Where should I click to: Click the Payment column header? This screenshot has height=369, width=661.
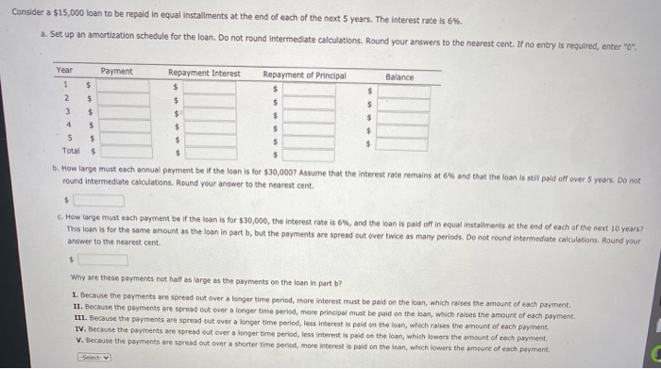(116, 72)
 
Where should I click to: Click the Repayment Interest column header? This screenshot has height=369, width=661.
(204, 74)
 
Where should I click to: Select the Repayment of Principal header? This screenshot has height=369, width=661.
(304, 75)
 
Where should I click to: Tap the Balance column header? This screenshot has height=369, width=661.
(399, 76)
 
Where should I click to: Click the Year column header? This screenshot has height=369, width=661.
(64, 71)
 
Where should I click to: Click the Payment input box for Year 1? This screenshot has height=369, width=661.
(123, 86)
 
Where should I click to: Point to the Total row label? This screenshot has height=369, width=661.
(71, 150)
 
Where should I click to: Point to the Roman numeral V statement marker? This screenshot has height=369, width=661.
(75, 346)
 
